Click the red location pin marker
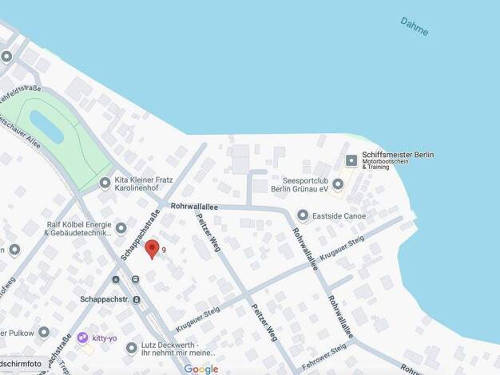point(152,249)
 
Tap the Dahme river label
point(415,26)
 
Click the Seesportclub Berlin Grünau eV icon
point(338,184)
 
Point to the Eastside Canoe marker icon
point(303,215)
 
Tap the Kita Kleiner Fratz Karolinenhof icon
point(105,184)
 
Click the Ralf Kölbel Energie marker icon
point(121,228)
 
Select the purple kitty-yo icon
point(82,338)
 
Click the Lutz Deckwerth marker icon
point(131,348)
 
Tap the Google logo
point(200,369)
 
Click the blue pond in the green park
point(46,127)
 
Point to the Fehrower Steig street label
point(324,357)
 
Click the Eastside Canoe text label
point(339,215)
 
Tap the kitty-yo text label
point(105,338)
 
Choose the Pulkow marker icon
point(43,332)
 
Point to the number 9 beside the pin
point(164,250)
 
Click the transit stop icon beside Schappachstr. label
point(136,300)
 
